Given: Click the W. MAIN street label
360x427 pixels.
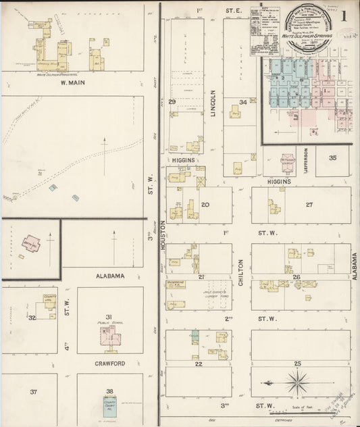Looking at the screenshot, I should click(x=72, y=83).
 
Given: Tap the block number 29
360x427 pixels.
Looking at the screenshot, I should click(x=172, y=102).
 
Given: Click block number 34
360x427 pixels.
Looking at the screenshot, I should click(x=242, y=102).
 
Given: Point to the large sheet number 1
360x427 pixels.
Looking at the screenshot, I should click(x=344, y=15).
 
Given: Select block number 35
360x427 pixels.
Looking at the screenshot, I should click(x=332, y=157).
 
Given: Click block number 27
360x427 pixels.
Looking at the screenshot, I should click(x=309, y=204).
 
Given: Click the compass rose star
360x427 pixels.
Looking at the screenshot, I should click(x=296, y=384).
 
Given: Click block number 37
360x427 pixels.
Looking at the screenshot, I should click(x=33, y=391).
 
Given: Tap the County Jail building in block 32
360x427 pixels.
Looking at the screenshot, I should click(x=49, y=304).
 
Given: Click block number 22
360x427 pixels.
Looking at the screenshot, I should click(x=198, y=363).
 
